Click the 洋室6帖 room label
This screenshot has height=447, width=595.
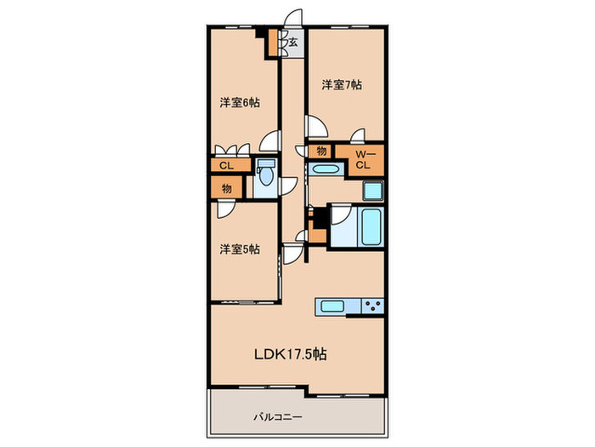click(x=240, y=103)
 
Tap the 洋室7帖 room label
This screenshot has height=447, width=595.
click(x=342, y=84)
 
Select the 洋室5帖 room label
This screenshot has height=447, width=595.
click(x=240, y=249)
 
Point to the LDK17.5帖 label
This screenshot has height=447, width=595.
click(x=291, y=354)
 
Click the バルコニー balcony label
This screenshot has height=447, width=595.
click(x=278, y=417)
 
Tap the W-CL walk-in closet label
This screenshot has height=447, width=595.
click(x=364, y=160)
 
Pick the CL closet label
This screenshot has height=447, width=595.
click(x=227, y=166)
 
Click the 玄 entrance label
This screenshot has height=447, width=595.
click(x=293, y=43)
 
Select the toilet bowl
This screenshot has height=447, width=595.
click(x=265, y=176)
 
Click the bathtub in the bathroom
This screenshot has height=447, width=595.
click(x=371, y=227)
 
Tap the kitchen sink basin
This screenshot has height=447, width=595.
click(x=332, y=306)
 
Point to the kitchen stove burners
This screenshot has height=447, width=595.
click(x=372, y=306)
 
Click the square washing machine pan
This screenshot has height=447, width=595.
click(x=373, y=191)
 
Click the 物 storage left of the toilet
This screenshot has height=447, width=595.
click(x=227, y=188)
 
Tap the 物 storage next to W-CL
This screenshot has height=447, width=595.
click(x=321, y=152)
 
